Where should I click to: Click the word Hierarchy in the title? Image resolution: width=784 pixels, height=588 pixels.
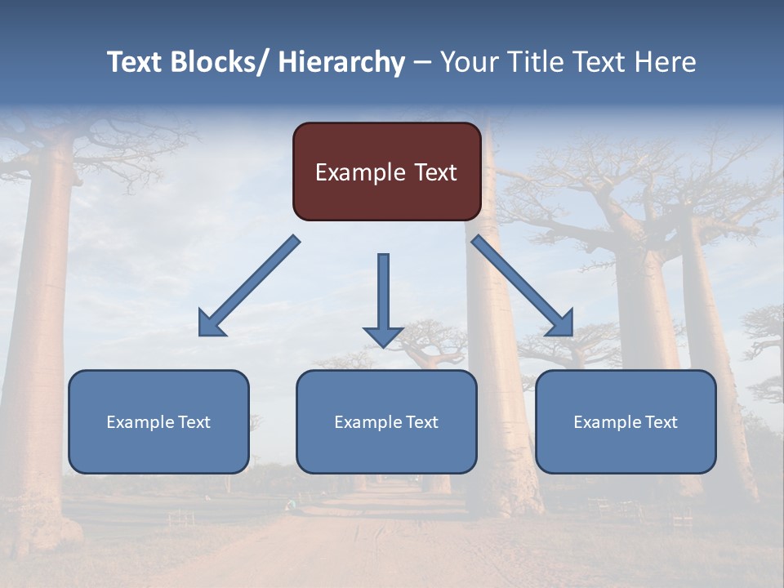pos(341,62)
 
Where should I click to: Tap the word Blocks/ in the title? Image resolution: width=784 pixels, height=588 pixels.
pos(220,62)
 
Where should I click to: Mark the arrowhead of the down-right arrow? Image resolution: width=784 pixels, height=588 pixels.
pos(560,323)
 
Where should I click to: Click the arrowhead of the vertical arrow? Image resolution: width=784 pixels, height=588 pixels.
pos(383,336)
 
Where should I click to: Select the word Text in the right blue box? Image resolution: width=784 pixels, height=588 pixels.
pos(661,422)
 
